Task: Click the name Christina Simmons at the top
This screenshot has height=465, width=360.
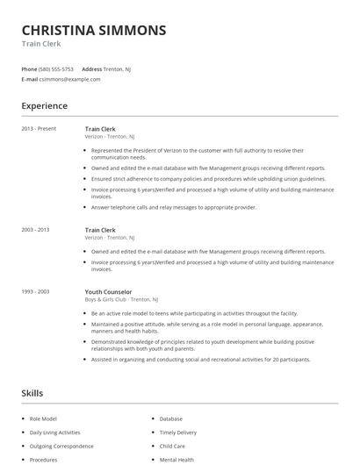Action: point(93,30)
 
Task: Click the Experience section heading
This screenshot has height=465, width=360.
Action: point(44,106)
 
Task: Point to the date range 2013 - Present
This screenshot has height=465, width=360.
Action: point(38,129)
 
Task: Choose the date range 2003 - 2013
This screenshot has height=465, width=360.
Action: point(36,230)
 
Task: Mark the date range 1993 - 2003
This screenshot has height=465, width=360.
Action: point(36,291)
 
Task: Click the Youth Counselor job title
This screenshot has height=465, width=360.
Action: point(108,291)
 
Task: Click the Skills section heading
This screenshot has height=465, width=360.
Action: point(32,393)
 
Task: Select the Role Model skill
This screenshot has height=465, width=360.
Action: point(44,419)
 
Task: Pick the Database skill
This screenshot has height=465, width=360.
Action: point(171,419)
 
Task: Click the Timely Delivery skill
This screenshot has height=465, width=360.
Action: point(178,433)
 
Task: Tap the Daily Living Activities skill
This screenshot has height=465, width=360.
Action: point(54,433)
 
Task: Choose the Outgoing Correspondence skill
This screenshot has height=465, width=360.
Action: point(61,446)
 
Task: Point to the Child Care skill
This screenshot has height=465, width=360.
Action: point(172,446)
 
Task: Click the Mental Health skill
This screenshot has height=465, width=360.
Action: point(176,459)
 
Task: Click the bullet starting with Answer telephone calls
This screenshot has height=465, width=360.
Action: point(173,207)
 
